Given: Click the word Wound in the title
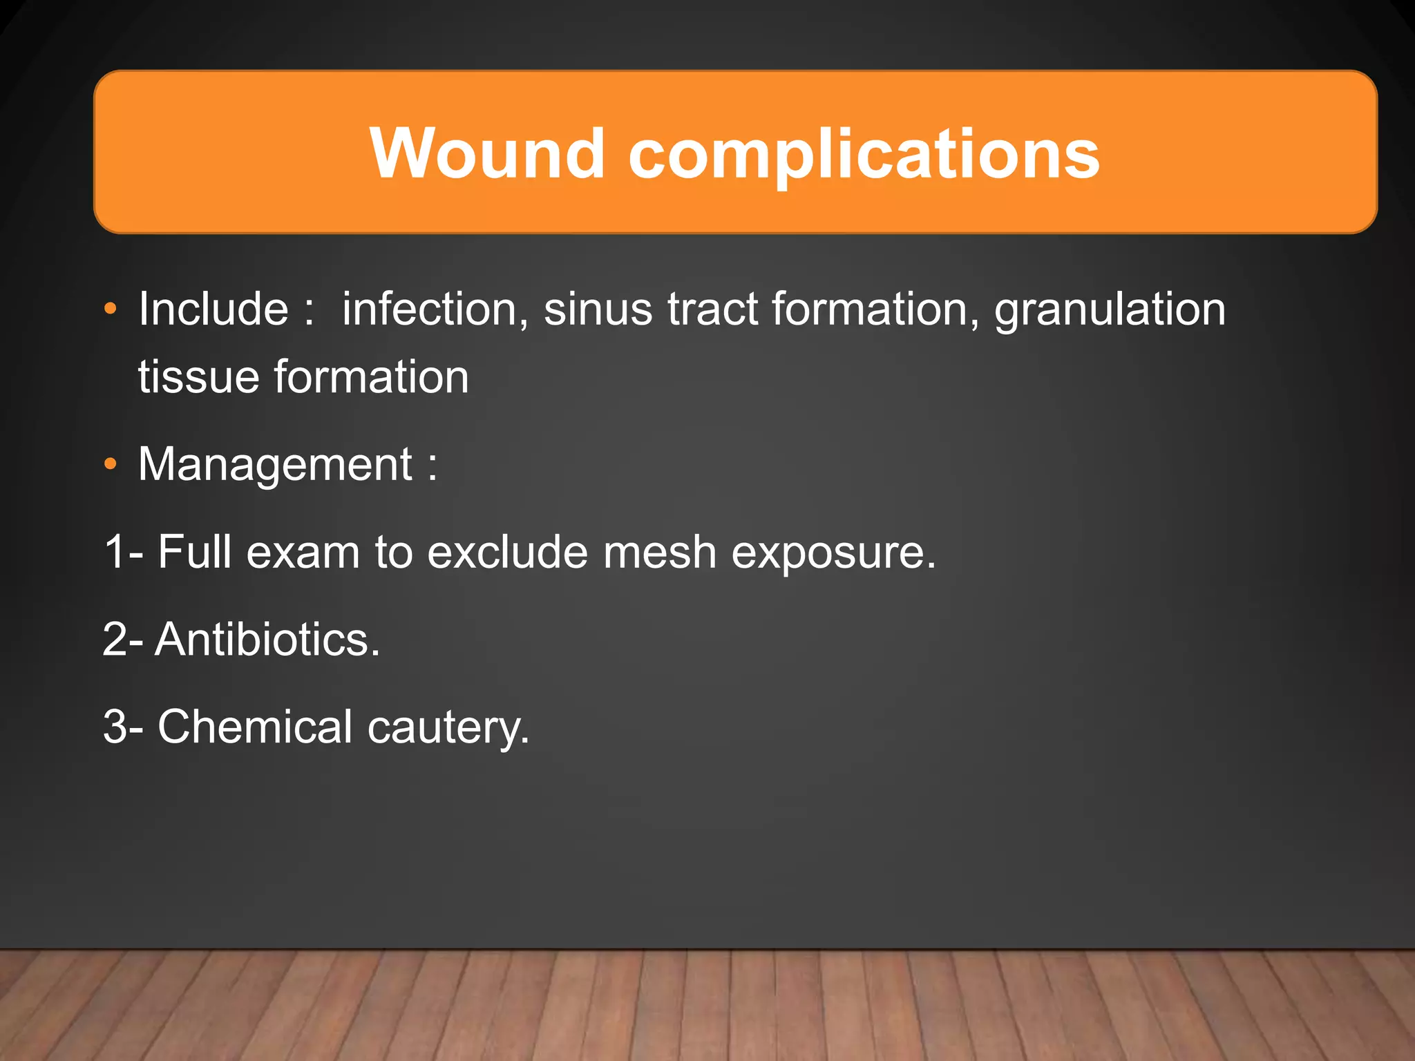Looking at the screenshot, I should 488,153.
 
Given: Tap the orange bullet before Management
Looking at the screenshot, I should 111,464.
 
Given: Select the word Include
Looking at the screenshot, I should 213,309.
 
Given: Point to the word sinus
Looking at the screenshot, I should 598,309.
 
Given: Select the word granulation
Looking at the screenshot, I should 1110,309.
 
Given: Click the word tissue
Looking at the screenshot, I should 198,377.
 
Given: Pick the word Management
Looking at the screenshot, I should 275,464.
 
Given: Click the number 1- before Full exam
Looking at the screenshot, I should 124,552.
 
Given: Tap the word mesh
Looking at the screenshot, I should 659,552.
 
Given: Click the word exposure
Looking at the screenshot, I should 833,552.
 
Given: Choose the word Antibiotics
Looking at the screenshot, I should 267,639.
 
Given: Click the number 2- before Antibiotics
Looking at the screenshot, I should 123,639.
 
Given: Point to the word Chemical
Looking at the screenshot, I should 255,727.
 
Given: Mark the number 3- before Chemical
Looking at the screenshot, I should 123,727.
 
